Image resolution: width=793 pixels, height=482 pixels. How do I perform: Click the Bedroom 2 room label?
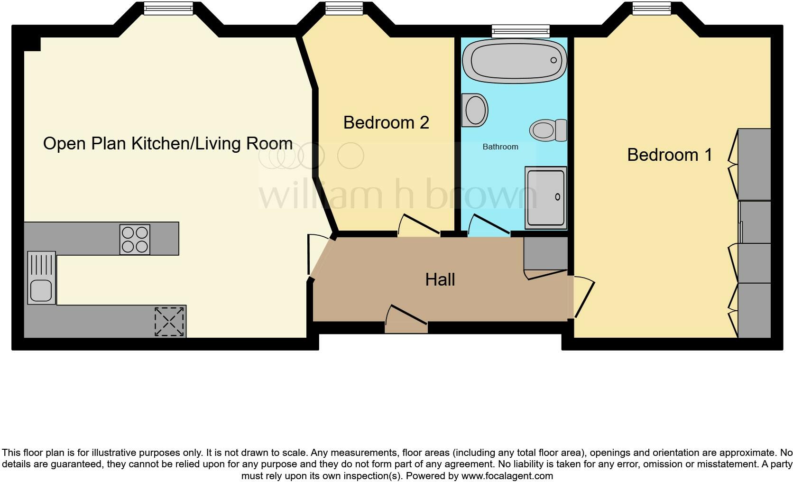tap(386, 122)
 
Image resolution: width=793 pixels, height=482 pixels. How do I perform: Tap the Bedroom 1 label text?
tap(669, 155)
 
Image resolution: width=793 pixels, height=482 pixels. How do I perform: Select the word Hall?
tap(440, 279)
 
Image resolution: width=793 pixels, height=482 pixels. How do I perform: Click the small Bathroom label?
tap(500, 147)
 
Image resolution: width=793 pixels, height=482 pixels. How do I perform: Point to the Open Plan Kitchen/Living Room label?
tap(167, 143)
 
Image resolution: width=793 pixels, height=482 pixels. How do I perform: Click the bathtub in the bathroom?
tap(515, 61)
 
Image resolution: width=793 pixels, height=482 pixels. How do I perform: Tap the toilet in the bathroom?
tap(548, 130)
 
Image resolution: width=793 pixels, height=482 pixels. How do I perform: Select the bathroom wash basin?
tap(475, 110)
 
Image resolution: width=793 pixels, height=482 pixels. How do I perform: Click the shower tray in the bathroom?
tap(545, 197)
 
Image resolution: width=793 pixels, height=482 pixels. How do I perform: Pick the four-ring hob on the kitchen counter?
tap(135, 239)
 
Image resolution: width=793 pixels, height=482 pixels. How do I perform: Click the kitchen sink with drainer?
tap(41, 278)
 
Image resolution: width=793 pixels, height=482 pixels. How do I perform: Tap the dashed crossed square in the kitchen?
tap(169, 321)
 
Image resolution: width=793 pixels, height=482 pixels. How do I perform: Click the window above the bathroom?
tap(521, 31)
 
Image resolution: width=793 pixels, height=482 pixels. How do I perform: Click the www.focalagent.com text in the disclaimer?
tap(507, 476)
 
